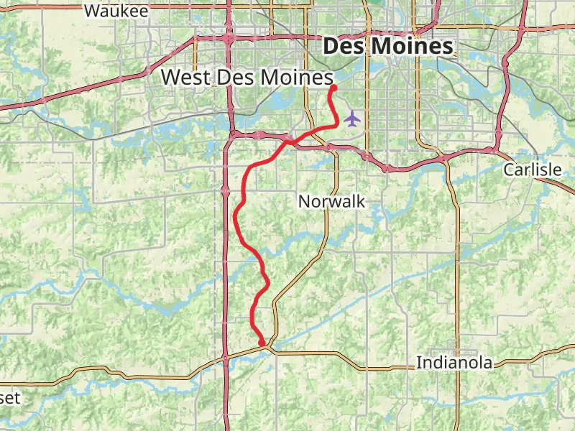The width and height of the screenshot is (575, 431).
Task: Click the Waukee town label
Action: [116, 11]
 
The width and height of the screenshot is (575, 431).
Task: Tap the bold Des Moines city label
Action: [388, 47]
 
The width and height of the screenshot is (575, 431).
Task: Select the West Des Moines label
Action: [247, 77]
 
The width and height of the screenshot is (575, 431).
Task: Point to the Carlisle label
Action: [532, 170]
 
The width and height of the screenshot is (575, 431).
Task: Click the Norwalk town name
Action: [332, 202]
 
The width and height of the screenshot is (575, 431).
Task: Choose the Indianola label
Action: [454, 363]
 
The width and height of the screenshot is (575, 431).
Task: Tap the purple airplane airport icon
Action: [351, 118]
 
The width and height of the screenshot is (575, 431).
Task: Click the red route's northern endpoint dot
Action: [333, 88]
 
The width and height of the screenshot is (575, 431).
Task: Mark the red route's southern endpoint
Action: [262, 343]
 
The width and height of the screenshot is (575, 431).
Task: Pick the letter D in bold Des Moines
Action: [331, 47]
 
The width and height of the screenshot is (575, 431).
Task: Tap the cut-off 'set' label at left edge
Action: [10, 398]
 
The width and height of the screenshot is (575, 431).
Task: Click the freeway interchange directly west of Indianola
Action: [225, 357]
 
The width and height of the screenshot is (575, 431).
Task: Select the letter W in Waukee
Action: [91, 11]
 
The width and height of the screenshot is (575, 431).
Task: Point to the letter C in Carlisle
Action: [508, 170]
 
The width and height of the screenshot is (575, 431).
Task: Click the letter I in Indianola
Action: [419, 363]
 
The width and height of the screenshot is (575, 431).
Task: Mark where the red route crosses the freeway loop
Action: [287, 141]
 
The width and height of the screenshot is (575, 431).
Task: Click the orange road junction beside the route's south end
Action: [269, 348]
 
